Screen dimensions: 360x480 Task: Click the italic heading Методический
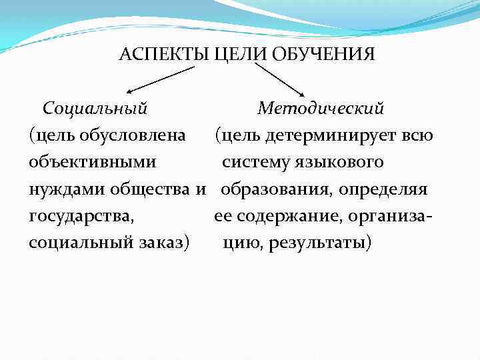click(x=321, y=107)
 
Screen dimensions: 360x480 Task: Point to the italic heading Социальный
click(x=95, y=107)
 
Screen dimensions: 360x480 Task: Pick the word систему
click(x=253, y=162)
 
